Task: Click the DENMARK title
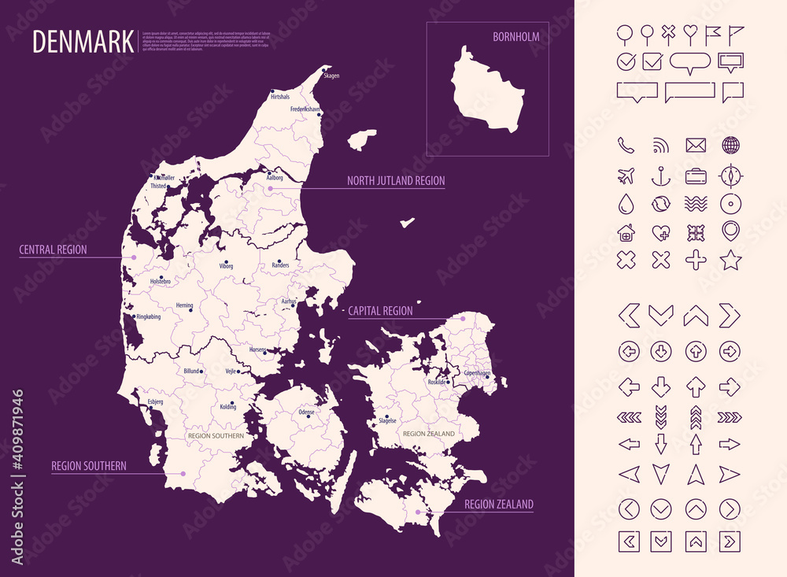pos(83,42)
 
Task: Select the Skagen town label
pos(331,76)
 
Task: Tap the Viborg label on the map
pos(226,267)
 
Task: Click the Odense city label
pos(306,412)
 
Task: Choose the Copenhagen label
pos(477,372)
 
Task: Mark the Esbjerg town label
pos(155,402)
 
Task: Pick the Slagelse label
pos(387,420)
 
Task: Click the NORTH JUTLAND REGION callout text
pos(396,181)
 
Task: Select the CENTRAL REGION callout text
pos(53,250)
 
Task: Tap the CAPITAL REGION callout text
pos(380,311)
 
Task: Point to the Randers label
pos(280,266)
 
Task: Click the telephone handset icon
pos(626,145)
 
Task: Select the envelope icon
pos(696,145)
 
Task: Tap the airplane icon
pos(626,175)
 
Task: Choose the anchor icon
pos(661,175)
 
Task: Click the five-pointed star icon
pos(730,259)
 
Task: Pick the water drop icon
pos(626,203)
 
